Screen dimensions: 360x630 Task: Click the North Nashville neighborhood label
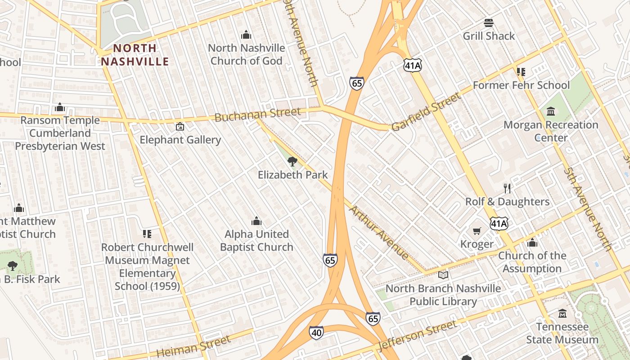[135, 54]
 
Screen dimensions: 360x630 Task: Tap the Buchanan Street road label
[257, 114]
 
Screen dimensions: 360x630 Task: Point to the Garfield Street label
[426, 112]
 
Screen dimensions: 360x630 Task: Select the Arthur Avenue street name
[379, 232]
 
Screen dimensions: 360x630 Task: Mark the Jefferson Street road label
[418, 335]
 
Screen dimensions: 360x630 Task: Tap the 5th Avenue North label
[588, 209]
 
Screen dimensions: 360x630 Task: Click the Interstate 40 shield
[316, 333]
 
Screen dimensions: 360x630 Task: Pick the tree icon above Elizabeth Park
[292, 161]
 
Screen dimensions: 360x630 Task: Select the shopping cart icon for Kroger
[477, 231]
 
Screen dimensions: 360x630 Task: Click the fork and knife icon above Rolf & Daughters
[507, 188]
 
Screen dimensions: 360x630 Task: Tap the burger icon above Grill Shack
[489, 22]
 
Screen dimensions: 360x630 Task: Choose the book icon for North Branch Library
[443, 274]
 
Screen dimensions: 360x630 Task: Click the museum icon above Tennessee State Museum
[562, 313]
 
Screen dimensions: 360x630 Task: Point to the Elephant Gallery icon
[180, 126]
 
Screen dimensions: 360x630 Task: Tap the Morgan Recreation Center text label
[551, 131]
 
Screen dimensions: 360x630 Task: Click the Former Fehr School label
[521, 85]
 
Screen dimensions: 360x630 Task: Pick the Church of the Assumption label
[532, 262]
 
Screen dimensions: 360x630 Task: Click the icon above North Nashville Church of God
[246, 34]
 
